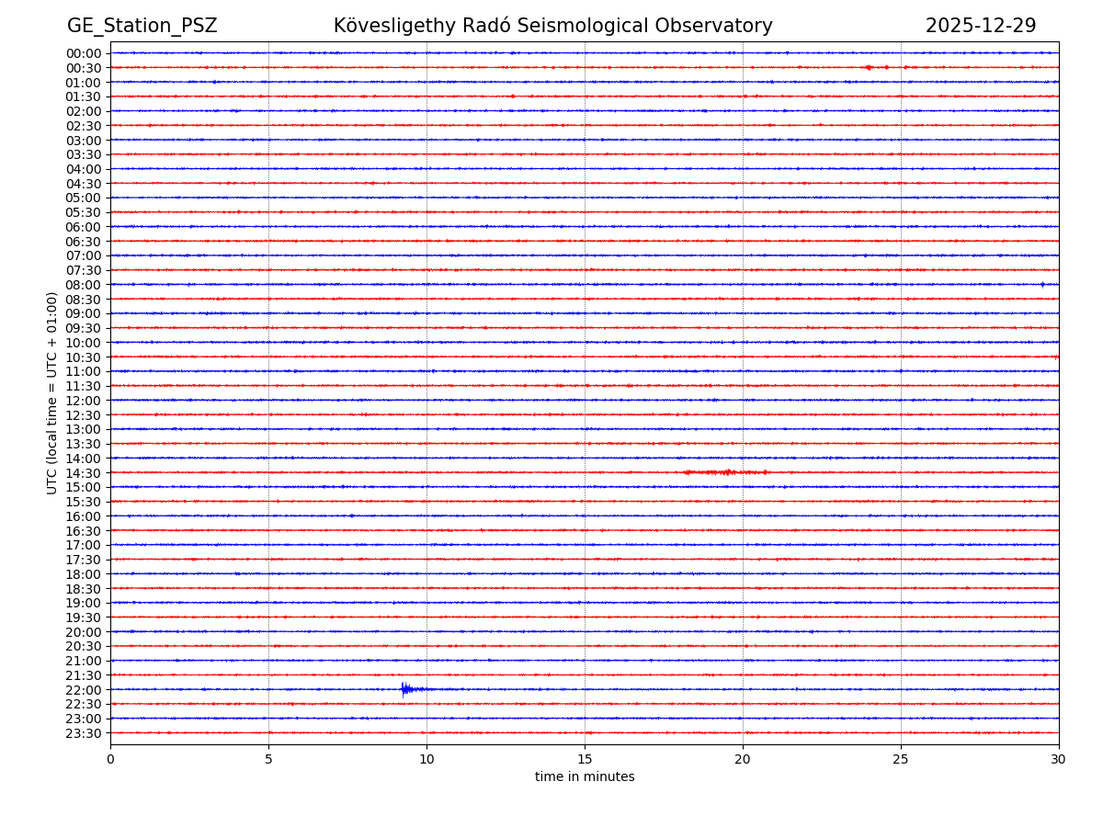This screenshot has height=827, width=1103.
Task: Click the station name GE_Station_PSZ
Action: [x=142, y=26]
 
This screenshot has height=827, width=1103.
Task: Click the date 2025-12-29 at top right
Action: [x=980, y=26]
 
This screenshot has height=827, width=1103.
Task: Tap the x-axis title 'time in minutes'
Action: [x=585, y=777]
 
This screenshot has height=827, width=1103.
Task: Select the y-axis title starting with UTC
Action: [x=52, y=392]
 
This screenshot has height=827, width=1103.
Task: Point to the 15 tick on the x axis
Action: [x=585, y=759]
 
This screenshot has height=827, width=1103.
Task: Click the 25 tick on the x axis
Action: [x=901, y=759]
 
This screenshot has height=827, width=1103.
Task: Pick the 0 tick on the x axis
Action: [x=110, y=759]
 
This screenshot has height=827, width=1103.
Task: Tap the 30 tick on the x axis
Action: [x=1059, y=759]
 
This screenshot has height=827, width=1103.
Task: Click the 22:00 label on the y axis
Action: [x=84, y=690]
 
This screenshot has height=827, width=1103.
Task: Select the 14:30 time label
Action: [x=84, y=473]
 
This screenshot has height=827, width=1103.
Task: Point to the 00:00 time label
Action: [x=84, y=53]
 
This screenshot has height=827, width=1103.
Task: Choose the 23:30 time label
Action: [x=84, y=733]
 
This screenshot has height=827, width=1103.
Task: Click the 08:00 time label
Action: [x=84, y=285]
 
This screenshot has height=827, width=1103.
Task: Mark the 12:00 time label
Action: [x=84, y=401]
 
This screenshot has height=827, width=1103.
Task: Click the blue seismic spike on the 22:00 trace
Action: [x=404, y=689]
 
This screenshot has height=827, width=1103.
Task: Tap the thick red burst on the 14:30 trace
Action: [x=726, y=472]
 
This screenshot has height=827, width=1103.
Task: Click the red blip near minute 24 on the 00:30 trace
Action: [x=868, y=67]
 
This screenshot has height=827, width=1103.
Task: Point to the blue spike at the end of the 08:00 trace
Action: [x=1042, y=284]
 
